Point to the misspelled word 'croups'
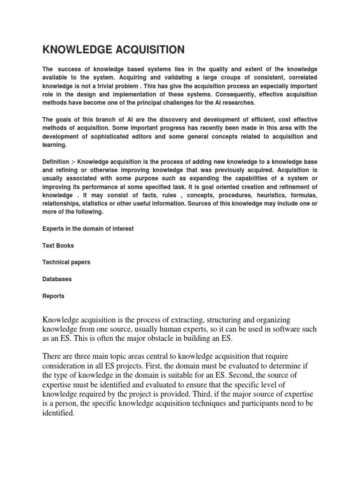(209, 78)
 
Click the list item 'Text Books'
(58, 246)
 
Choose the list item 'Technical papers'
(66, 262)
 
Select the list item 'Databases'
(57, 279)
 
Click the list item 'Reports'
(53, 296)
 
